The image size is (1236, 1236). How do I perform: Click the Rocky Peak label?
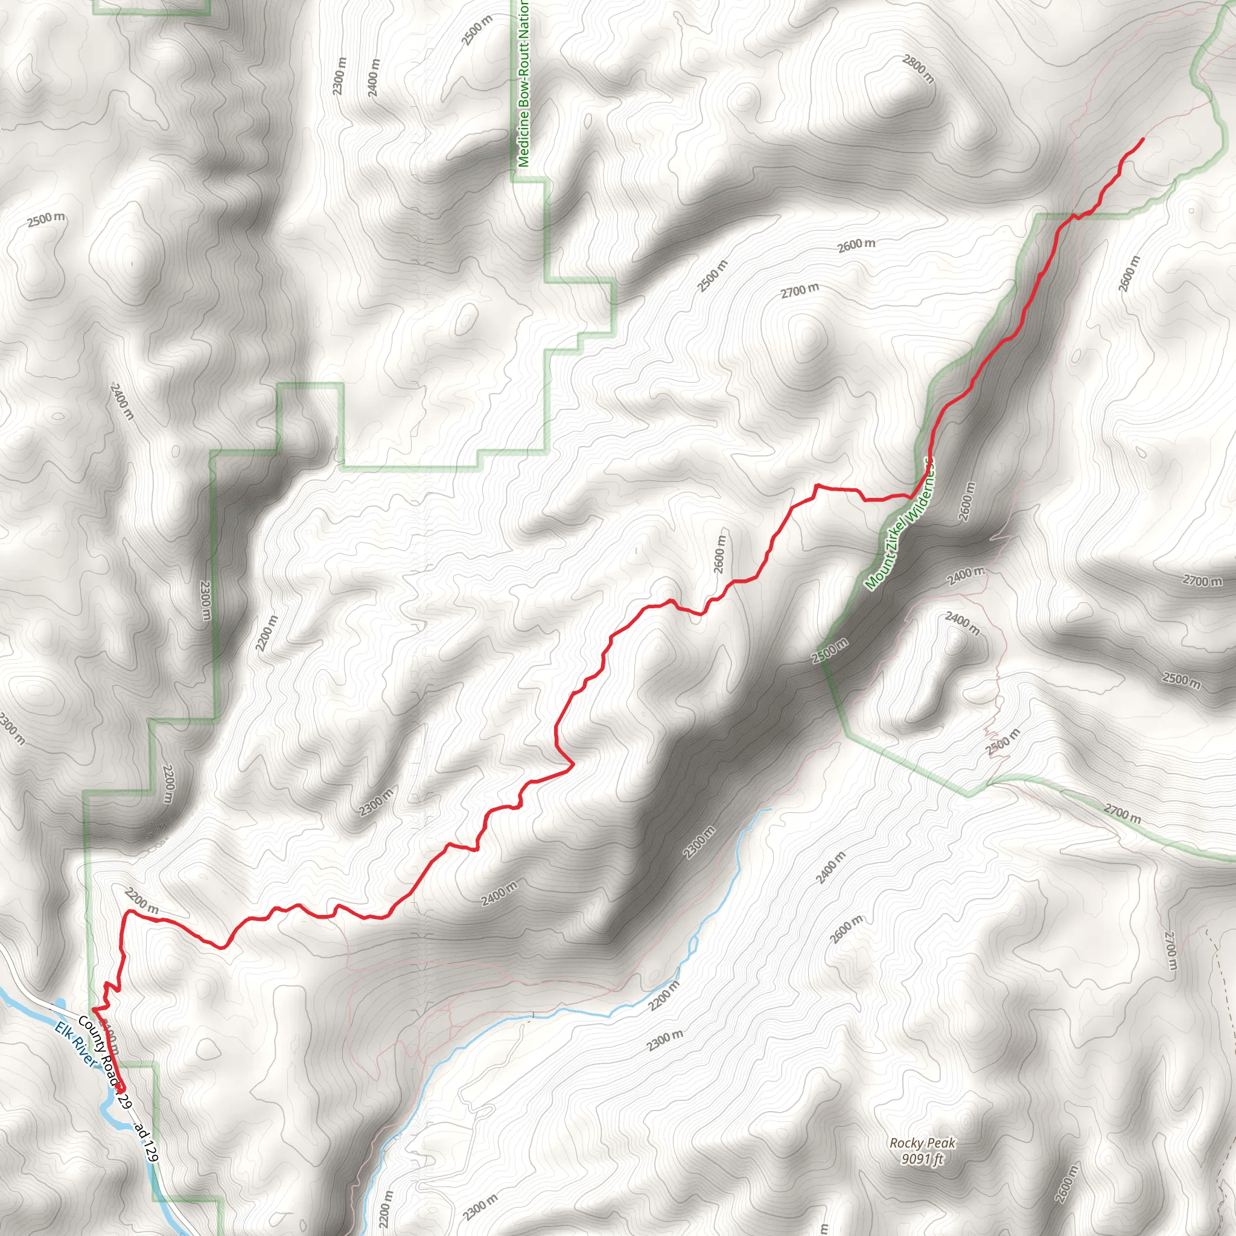(x=923, y=1142)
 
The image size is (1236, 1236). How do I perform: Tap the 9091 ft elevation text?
(x=923, y=1159)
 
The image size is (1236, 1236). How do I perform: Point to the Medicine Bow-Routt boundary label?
(x=523, y=83)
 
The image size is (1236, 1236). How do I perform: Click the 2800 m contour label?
(x=919, y=69)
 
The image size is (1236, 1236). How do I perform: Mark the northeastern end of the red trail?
(x=1142, y=139)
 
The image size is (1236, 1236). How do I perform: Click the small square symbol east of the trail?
(x=1191, y=211)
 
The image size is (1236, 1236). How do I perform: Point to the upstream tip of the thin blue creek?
(x=769, y=810)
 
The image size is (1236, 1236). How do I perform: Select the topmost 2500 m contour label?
(x=477, y=30)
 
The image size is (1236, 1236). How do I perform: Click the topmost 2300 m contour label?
(x=339, y=76)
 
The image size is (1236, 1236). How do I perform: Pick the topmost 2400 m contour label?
(x=374, y=77)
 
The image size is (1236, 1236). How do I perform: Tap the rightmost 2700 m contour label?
(x=1202, y=581)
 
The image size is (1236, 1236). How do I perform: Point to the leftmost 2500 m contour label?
(x=46, y=220)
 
